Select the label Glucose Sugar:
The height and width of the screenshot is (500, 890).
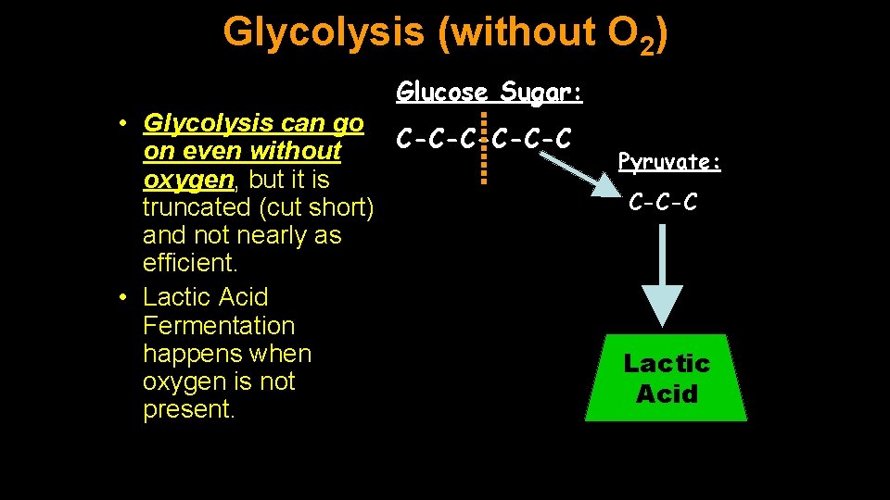(489, 92)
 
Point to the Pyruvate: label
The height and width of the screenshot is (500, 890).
(669, 162)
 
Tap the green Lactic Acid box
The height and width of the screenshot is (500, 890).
(667, 378)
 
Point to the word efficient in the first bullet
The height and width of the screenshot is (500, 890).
(189, 263)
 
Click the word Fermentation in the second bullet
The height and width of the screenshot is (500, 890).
(219, 326)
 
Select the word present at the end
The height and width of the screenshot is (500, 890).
(187, 409)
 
